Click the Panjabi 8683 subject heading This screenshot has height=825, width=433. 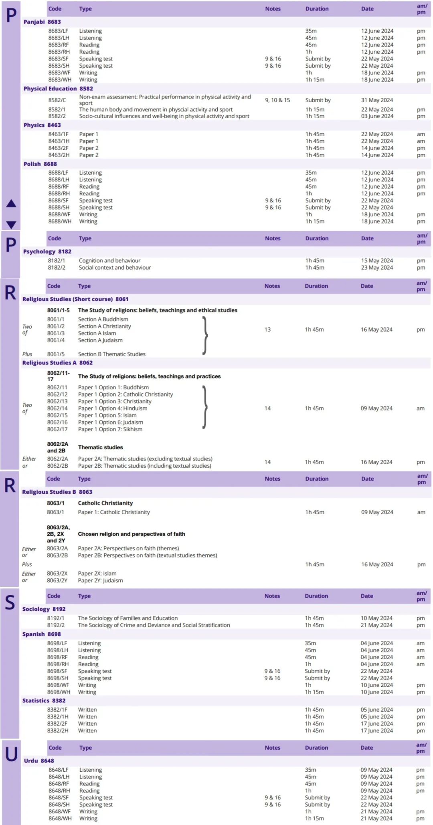pos(42,22)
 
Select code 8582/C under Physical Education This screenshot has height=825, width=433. pos(57,100)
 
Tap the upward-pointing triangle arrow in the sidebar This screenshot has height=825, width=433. pos(11,203)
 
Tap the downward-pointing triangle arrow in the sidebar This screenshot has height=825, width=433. pos(11,225)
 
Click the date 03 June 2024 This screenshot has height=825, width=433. pos(377,116)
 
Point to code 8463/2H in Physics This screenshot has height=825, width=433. pos(59,155)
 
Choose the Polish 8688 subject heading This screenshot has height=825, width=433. pos(40,164)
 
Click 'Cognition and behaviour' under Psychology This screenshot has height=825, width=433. pos(109,261)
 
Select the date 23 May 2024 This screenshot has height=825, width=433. pos(377,268)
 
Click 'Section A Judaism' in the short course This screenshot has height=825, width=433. pos(100,340)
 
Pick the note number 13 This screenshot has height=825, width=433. pos(267,330)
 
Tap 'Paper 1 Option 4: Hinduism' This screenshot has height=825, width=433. pos(113,408)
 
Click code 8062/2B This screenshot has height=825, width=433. pos(58,466)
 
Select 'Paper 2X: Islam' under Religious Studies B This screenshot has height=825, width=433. pos(97,573)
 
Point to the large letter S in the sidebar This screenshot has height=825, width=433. pos(10,603)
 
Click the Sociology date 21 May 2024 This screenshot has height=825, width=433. pos(376,625)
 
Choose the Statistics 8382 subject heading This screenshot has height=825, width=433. pos(44,700)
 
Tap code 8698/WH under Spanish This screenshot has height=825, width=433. pos(59,692)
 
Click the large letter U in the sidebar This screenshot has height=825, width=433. pos(11,755)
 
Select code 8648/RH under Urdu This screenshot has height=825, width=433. pos(59,791)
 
